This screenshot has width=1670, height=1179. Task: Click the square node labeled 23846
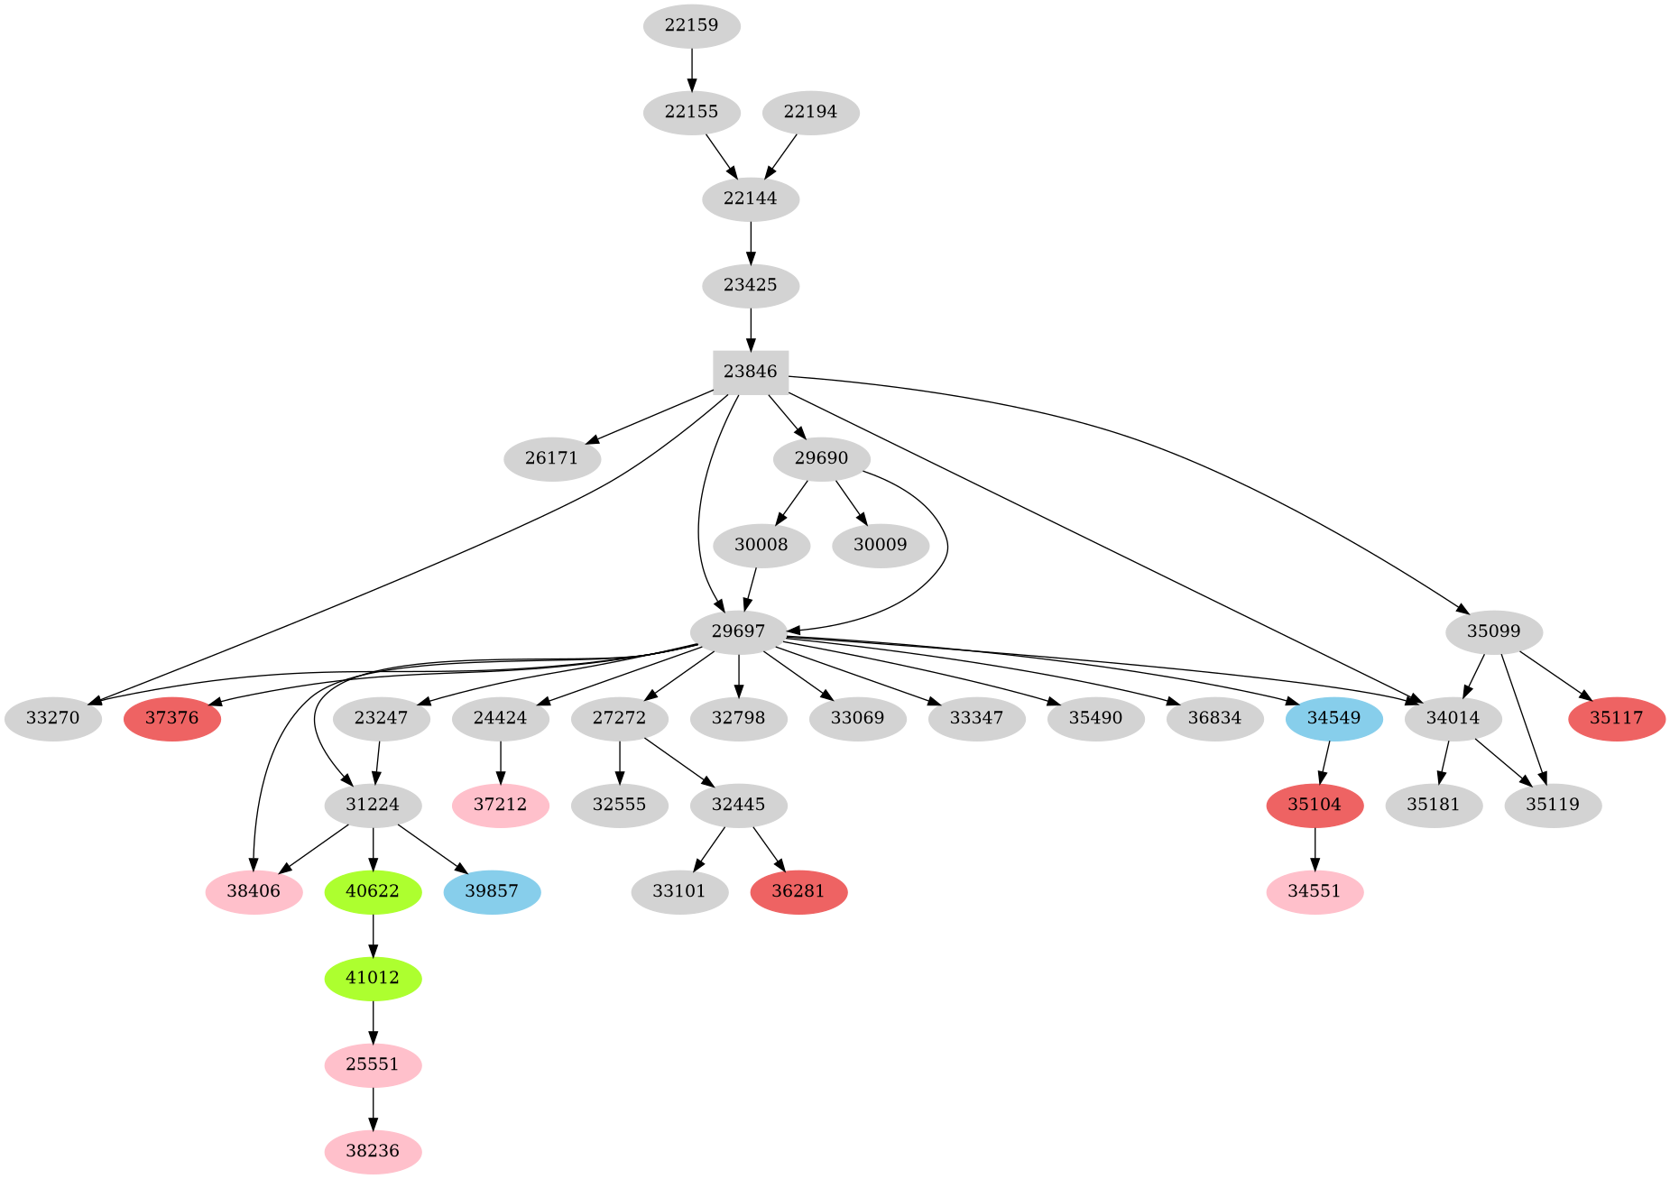pyautogui.click(x=750, y=372)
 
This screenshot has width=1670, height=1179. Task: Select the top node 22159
pyautogui.click(x=691, y=25)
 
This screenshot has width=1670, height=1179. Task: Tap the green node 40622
pyautogui.click(x=373, y=891)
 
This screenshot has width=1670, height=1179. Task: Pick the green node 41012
pyautogui.click(x=373, y=978)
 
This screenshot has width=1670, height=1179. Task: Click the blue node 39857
pyautogui.click(x=492, y=891)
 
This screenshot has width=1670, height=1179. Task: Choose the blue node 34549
pyautogui.click(x=1333, y=718)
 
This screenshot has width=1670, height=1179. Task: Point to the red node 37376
pyautogui.click(x=172, y=718)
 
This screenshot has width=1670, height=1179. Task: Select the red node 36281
pyautogui.click(x=798, y=891)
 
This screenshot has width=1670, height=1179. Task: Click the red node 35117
pyautogui.click(x=1616, y=718)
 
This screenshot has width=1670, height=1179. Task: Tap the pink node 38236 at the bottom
pyautogui.click(x=373, y=1151)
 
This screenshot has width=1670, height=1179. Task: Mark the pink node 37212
pyautogui.click(x=500, y=805)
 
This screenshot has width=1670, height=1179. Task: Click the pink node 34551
pyautogui.click(x=1315, y=891)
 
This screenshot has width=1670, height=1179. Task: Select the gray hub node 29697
pyautogui.click(x=739, y=631)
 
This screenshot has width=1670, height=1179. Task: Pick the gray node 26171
pyautogui.click(x=551, y=458)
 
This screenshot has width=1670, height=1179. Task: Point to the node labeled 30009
pyautogui.click(x=880, y=545)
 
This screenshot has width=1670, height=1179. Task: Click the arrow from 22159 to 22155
pyautogui.click(x=691, y=69)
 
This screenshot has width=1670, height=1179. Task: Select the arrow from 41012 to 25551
pyautogui.click(x=373, y=1021)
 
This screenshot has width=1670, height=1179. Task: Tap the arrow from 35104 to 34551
pyautogui.click(x=1315, y=848)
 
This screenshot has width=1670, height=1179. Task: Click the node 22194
pyautogui.click(x=810, y=112)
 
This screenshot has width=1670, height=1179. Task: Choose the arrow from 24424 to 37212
pyautogui.click(x=500, y=761)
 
